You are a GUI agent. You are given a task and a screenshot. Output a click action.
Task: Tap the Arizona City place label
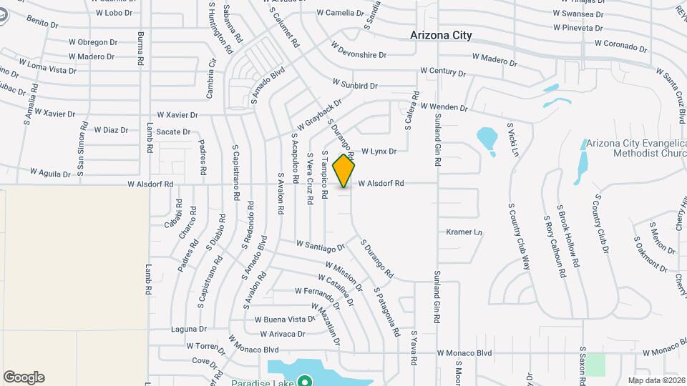point(441,35)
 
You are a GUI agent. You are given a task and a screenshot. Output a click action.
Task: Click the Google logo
point(24,377)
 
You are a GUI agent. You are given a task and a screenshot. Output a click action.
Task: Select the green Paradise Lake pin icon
point(305,382)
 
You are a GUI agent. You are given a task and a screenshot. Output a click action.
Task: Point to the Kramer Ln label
point(464,232)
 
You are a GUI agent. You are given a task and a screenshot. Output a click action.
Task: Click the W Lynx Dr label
point(379,152)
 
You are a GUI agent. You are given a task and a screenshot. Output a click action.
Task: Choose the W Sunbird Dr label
point(355,86)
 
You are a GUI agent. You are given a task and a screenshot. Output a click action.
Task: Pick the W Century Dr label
point(443,71)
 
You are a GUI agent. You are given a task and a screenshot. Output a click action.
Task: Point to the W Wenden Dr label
point(444,107)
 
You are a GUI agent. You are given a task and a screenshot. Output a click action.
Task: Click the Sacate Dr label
point(173,132)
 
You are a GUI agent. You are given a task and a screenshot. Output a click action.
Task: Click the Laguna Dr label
point(189,330)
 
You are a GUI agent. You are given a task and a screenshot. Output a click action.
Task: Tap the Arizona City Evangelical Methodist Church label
point(635,147)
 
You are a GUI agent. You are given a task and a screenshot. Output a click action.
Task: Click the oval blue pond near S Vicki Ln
point(487,139)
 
